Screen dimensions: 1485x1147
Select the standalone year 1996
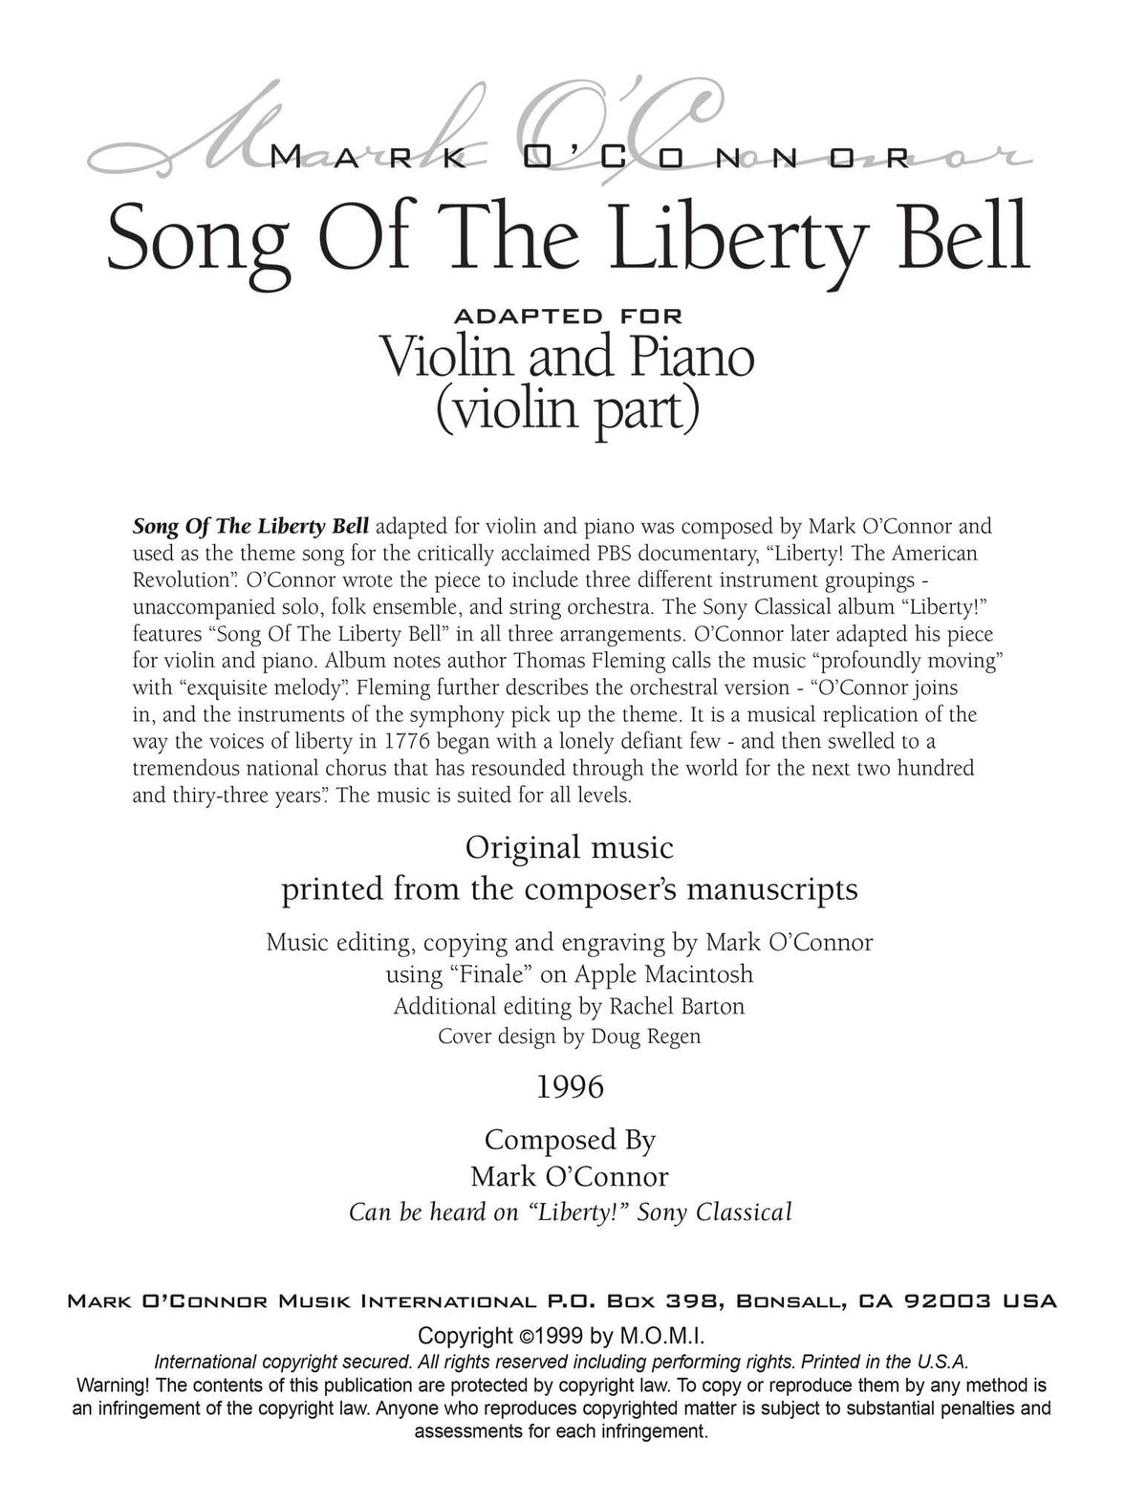click(x=571, y=1087)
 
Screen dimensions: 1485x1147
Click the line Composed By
click(x=571, y=1140)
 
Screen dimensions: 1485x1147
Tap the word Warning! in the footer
click(x=112, y=1385)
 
